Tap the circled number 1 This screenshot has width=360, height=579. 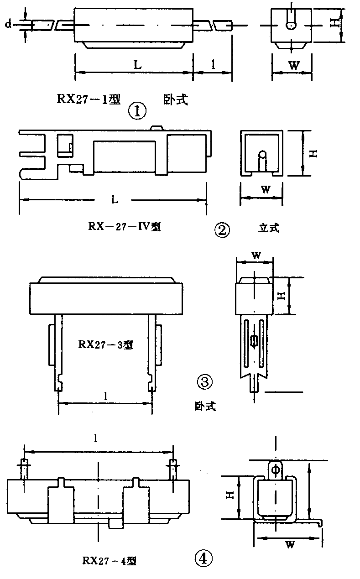[x=138, y=110]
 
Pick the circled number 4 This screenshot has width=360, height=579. [x=203, y=558]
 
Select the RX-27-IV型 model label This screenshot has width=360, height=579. [x=125, y=226]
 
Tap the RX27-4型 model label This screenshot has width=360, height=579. [x=110, y=561]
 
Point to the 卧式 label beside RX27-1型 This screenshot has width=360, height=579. [x=175, y=100]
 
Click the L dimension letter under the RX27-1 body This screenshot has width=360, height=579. [x=137, y=64]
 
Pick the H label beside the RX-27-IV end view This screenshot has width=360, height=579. [x=313, y=154]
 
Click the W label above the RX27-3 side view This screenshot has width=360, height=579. [x=256, y=256]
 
